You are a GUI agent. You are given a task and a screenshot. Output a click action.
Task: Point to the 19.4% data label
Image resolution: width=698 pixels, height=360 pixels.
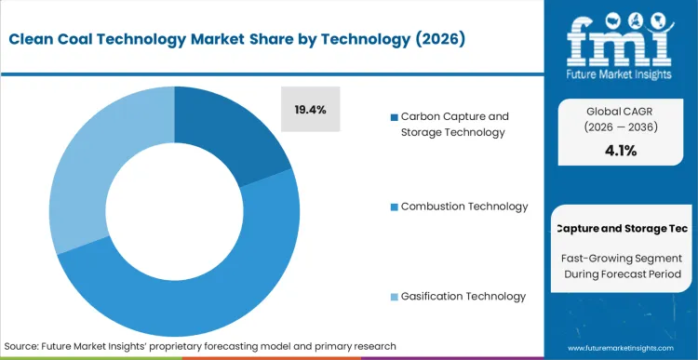(311, 110)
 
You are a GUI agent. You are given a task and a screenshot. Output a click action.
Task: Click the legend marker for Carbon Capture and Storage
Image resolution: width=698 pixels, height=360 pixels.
(395, 117)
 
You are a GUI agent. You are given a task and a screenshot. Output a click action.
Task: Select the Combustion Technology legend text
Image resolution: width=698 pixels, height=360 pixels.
(464, 207)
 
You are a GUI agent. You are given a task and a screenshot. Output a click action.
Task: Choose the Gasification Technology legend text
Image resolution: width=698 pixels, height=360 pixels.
(463, 296)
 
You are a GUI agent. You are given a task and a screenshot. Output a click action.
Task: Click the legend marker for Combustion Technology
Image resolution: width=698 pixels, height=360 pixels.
(395, 207)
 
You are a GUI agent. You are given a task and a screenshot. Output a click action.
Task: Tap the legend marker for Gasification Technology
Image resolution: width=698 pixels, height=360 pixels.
(395, 296)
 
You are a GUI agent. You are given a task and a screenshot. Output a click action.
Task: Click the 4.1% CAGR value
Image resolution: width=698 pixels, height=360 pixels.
(620, 151)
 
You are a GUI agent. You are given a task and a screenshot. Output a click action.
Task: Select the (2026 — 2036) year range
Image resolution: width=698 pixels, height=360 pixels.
(620, 128)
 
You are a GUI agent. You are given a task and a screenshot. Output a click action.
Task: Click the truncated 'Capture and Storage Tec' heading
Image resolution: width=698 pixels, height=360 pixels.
(620, 228)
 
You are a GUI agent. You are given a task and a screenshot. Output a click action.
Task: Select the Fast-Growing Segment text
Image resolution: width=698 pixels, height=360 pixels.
(620, 257)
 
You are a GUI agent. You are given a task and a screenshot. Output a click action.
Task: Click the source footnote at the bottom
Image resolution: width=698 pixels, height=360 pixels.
(200, 345)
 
